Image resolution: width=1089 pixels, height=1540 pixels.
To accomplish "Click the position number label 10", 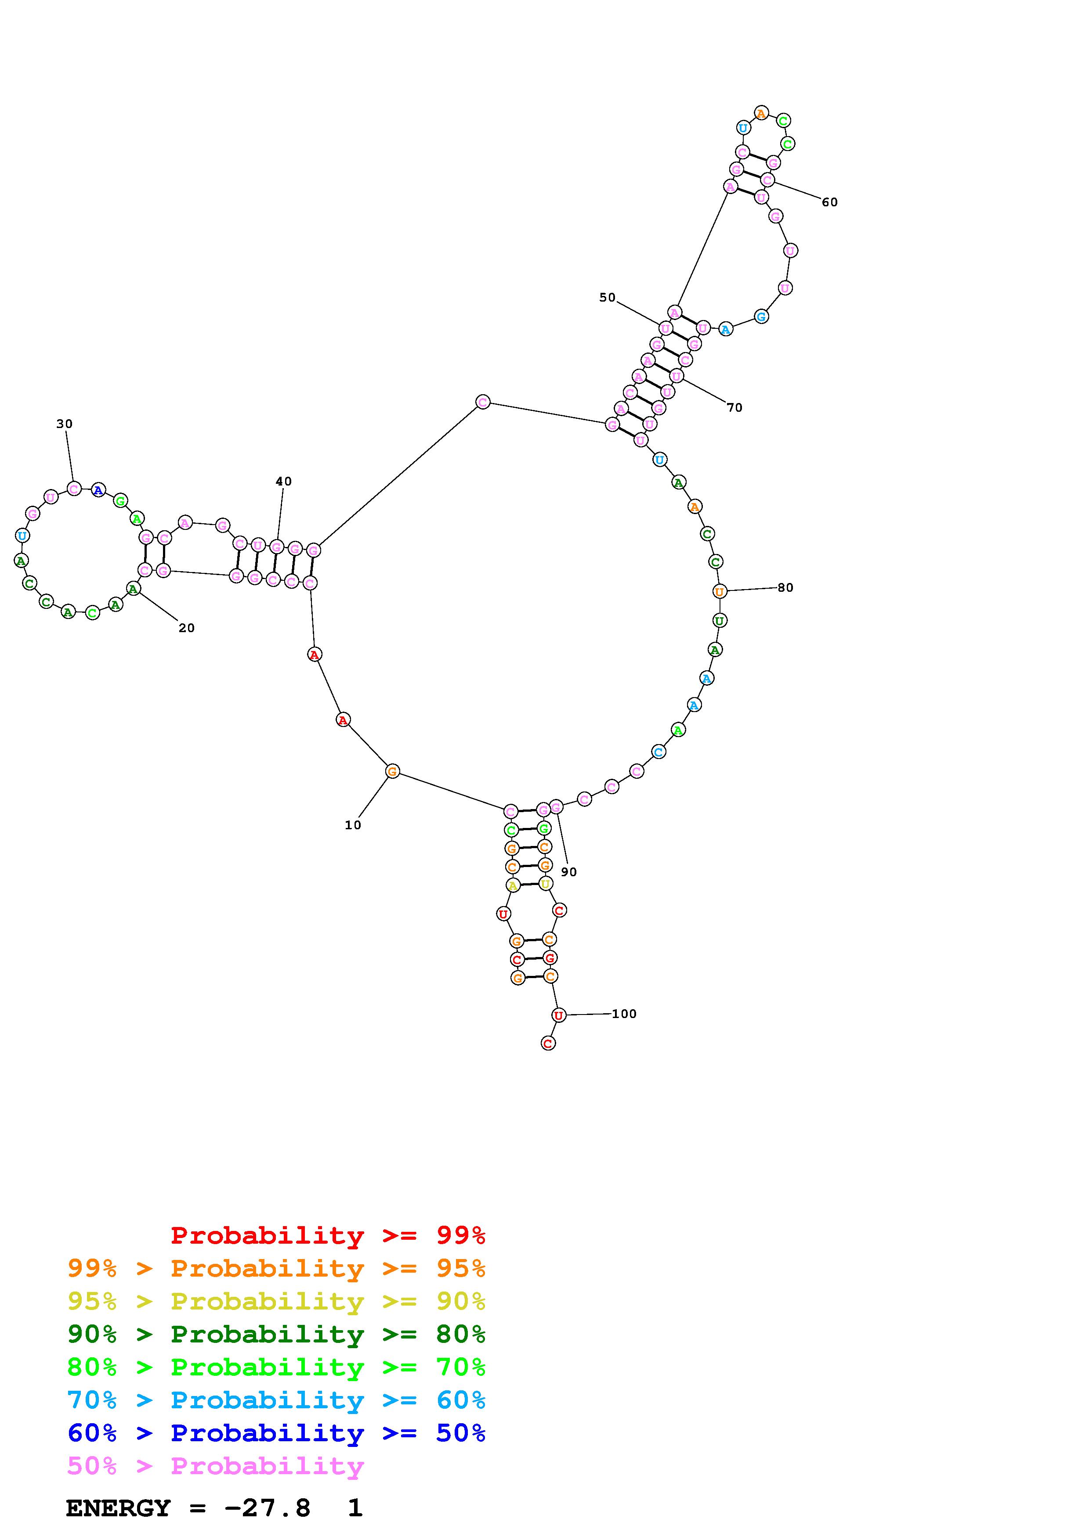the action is tap(353, 825).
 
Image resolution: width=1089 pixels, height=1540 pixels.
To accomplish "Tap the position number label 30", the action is tap(65, 424).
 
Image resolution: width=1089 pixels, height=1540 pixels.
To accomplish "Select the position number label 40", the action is tap(284, 481).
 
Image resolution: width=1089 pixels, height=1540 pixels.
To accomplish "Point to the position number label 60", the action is tap(830, 202).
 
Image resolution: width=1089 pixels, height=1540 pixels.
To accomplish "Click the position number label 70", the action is tap(735, 407).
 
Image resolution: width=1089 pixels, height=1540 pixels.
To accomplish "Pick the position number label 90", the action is tap(569, 872).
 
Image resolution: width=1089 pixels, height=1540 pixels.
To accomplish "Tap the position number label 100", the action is tap(624, 1014).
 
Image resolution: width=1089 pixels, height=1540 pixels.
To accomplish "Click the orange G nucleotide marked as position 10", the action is tap(393, 771).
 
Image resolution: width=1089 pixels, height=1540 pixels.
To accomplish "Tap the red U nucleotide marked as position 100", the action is tap(558, 1015).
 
